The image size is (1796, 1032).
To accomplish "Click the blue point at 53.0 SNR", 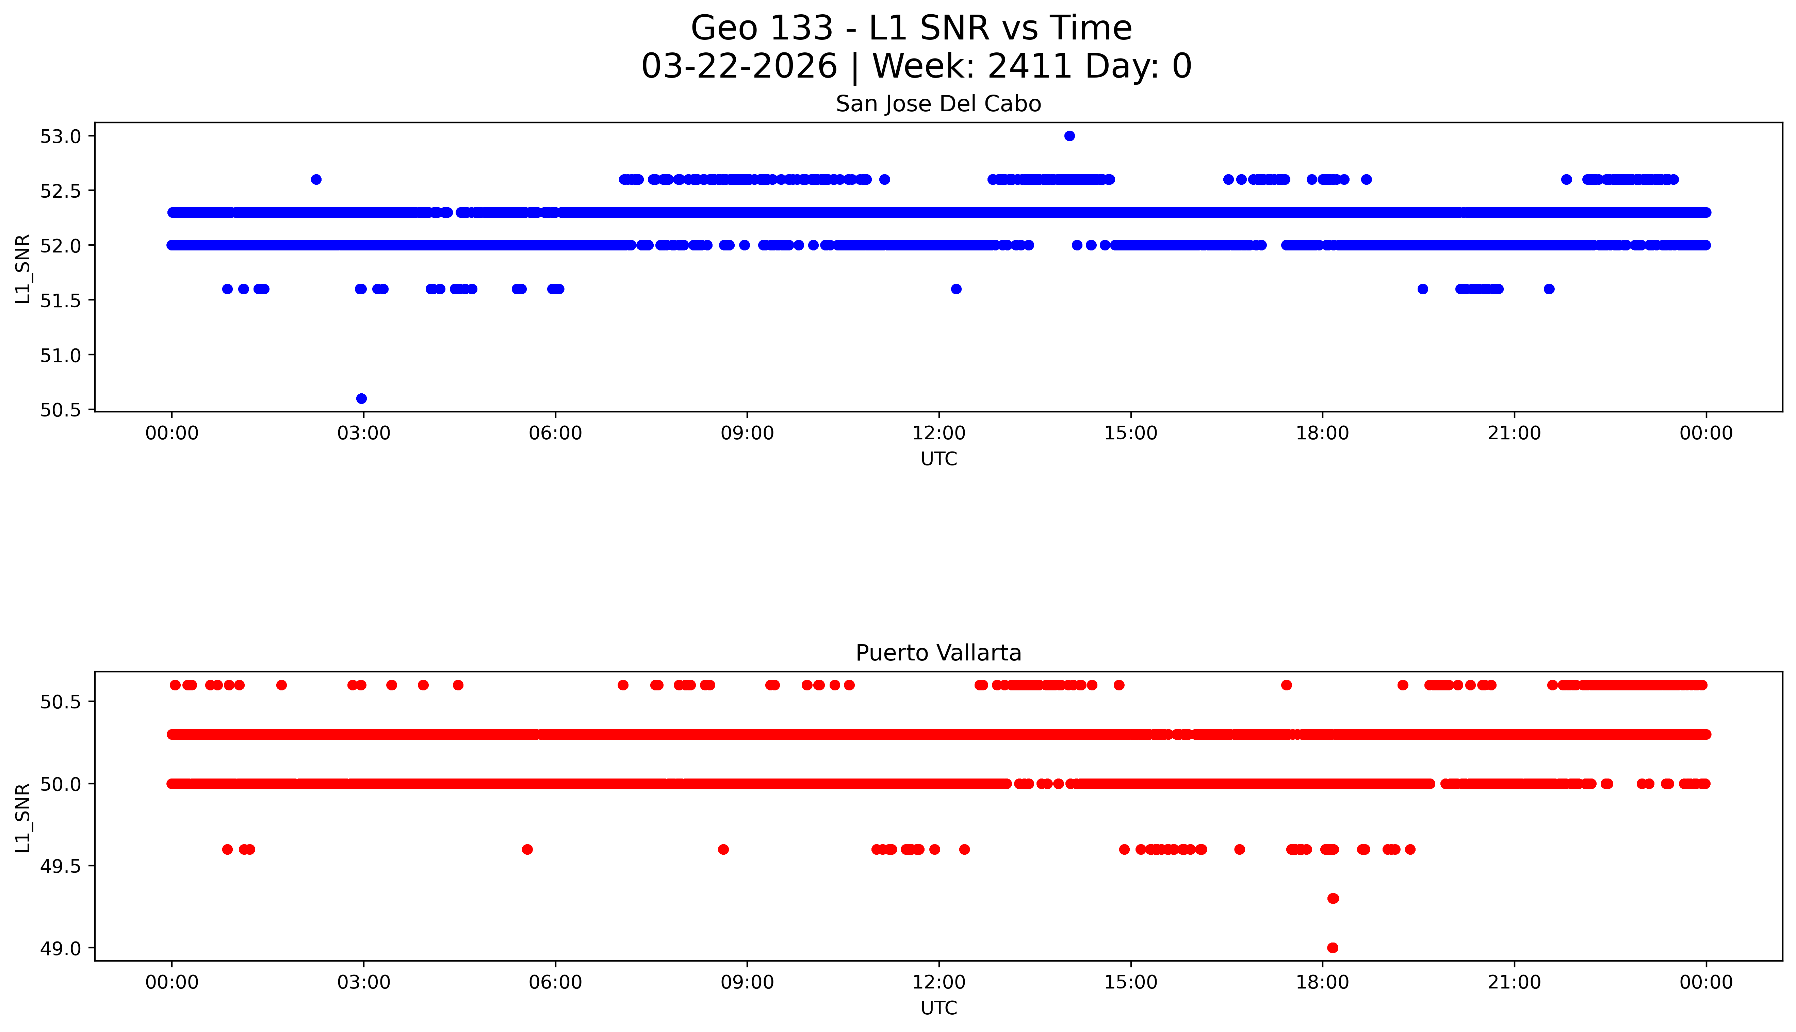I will click(x=1070, y=136).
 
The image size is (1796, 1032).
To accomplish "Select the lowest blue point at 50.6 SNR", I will click(x=361, y=398).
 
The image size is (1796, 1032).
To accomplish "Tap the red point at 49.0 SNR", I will click(x=1333, y=948).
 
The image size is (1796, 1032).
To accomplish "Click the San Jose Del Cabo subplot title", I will click(x=938, y=104).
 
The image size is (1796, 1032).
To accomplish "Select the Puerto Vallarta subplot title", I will click(x=938, y=653).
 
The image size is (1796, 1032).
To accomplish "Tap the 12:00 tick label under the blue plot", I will click(x=939, y=433).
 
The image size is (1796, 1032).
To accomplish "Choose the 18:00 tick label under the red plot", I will click(x=1323, y=982).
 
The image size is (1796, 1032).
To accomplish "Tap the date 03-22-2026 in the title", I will click(x=739, y=67).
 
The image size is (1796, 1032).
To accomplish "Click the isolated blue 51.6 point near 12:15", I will click(x=956, y=289).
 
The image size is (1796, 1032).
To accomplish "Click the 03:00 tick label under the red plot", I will click(x=364, y=982).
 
